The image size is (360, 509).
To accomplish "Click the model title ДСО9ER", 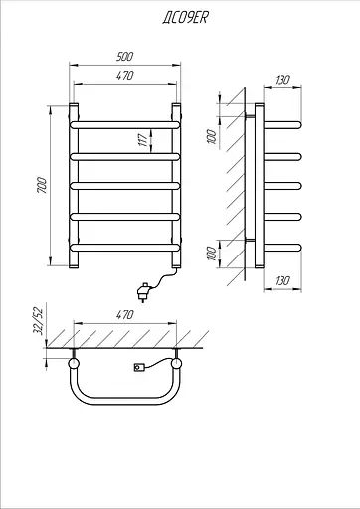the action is point(185,17).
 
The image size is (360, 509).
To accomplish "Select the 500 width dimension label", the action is point(124,57).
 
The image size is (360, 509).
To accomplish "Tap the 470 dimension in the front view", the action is point(124,76).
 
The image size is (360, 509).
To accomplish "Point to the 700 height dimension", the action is point(42,186).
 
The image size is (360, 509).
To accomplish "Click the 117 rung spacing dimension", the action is point(142,140).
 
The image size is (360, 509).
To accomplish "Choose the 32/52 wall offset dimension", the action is point(39,321).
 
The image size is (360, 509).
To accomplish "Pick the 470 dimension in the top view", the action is point(124,314).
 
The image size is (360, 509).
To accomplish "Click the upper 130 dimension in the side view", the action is point(282,80).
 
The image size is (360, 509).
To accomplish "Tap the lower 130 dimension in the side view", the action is point(282,280).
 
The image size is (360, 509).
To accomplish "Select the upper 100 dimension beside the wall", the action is point(211,136).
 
